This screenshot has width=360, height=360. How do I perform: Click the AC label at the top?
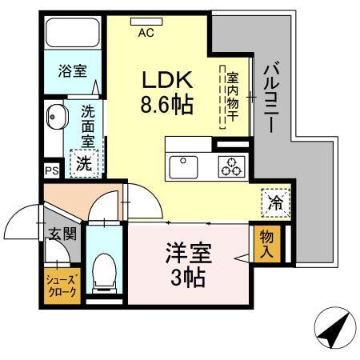[x=146, y=33]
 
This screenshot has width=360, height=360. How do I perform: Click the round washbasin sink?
[x=57, y=118]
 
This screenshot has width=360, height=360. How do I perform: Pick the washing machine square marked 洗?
[x=83, y=163]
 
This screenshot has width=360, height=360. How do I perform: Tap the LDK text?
[x=168, y=81]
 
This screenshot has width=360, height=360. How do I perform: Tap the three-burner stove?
[x=233, y=166]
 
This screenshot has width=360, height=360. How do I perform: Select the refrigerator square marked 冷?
[x=274, y=203]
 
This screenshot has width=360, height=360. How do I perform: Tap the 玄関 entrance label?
[x=60, y=234]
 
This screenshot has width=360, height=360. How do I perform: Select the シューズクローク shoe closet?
[x=61, y=286]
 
